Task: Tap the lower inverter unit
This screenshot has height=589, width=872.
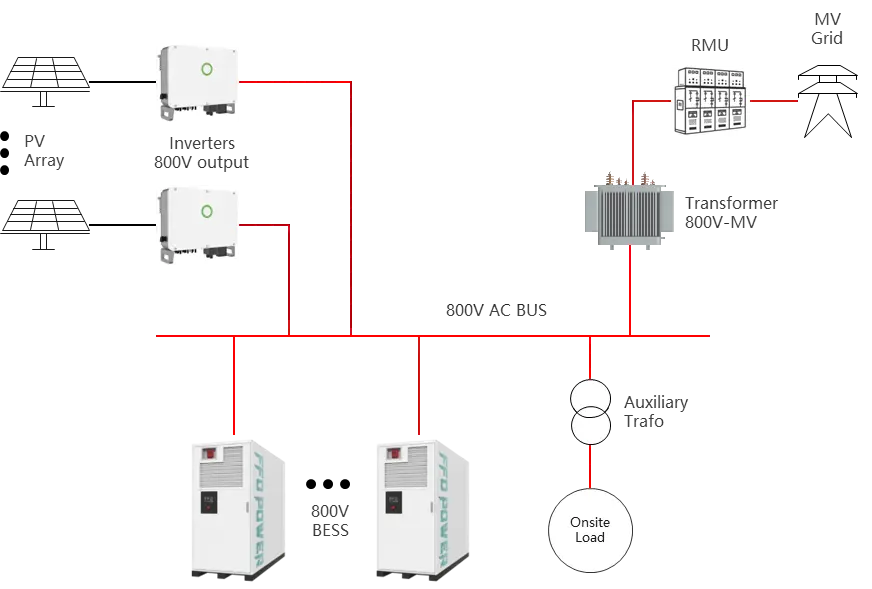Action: [x=197, y=224]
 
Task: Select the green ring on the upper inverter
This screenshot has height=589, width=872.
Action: [x=209, y=69]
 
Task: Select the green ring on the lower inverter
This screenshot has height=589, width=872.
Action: [x=208, y=212]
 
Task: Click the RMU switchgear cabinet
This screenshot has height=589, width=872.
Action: [x=710, y=100]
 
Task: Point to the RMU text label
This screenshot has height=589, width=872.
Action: [x=710, y=46]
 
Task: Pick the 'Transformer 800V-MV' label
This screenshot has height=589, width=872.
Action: [x=731, y=212]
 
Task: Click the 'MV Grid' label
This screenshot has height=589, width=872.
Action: [x=827, y=29]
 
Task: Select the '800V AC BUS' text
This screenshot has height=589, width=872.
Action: [x=496, y=310]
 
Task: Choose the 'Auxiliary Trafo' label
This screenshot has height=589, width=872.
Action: [x=656, y=411]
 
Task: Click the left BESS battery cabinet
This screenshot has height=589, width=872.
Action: [x=238, y=508]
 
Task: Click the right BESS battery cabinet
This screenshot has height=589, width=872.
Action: [x=422, y=508]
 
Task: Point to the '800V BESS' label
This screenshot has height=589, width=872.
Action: [x=331, y=520]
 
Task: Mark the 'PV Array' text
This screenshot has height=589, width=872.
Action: [x=44, y=151]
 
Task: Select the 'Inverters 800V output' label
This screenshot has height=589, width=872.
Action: [x=201, y=152]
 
